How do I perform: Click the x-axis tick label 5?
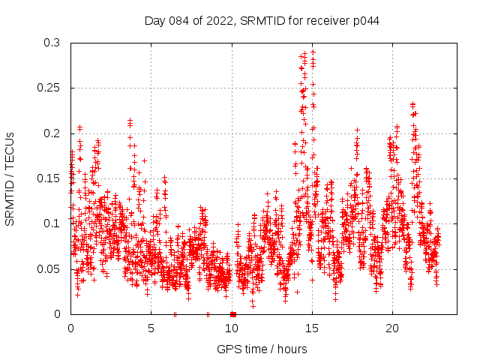click(x=151, y=328)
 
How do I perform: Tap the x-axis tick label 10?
click(x=232, y=328)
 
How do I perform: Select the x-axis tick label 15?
click(x=312, y=328)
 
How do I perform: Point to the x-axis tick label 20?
click(x=392, y=328)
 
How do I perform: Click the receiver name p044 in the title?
click(x=366, y=20)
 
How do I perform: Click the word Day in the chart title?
click(x=155, y=20)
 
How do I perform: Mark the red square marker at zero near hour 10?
click(x=233, y=314)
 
